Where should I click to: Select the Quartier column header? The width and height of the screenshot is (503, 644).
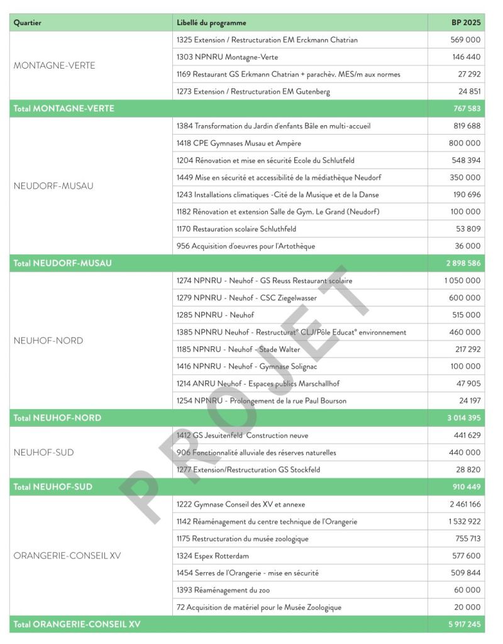(x=28, y=23)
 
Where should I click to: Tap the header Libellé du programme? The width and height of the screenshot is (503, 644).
(x=211, y=23)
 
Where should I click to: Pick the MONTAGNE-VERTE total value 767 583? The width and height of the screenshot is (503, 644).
(x=467, y=109)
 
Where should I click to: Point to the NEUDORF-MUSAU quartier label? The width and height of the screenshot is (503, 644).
(x=53, y=186)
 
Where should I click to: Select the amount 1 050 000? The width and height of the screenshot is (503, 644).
(x=462, y=281)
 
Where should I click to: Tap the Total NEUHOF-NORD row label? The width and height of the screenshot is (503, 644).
(x=57, y=418)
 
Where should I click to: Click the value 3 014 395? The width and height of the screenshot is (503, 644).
(x=464, y=418)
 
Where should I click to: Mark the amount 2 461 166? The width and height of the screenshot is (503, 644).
(x=465, y=504)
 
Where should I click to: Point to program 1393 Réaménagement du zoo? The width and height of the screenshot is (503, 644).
(x=223, y=590)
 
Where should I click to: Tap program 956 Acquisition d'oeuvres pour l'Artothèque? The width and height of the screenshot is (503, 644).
(x=246, y=246)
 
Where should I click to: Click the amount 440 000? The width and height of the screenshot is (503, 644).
(x=465, y=453)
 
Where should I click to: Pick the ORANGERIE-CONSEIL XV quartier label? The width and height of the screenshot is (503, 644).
(x=67, y=556)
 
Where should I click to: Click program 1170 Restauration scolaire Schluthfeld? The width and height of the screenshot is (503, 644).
(x=236, y=229)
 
